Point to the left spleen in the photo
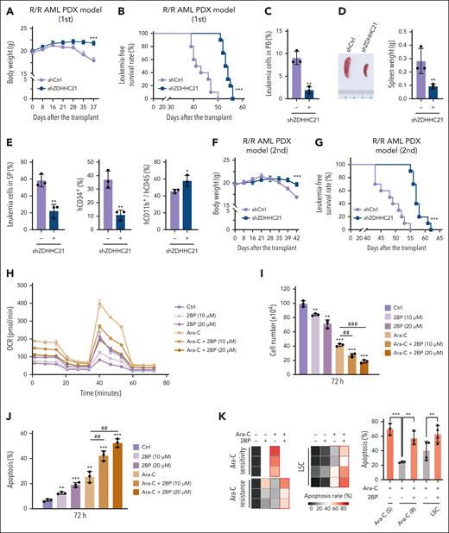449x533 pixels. pyautogui.click(x=349, y=67)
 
